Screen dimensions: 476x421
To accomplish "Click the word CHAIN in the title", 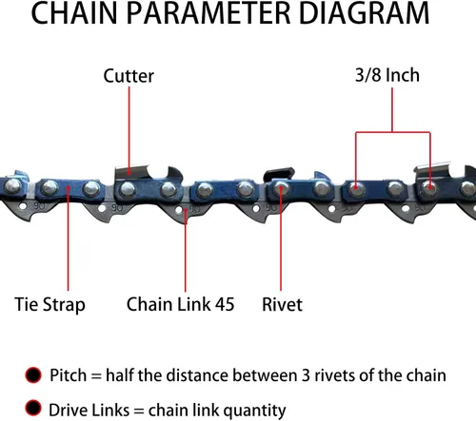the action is (74, 12).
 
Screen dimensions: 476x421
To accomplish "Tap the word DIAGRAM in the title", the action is (364, 12).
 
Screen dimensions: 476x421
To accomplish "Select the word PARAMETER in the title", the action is (208, 12).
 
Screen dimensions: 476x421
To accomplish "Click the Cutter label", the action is (129, 76).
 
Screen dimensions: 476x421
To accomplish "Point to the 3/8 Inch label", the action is (387, 75).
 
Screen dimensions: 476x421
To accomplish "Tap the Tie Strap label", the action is (50, 305).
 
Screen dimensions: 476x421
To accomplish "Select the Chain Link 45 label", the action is (180, 304).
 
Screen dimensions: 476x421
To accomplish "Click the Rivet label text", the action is (282, 304).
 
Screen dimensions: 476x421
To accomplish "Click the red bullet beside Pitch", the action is (33, 375).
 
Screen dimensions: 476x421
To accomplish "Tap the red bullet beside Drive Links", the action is (33, 408).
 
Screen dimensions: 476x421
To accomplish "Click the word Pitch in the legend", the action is (68, 375).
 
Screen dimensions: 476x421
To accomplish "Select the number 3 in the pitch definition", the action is (306, 375).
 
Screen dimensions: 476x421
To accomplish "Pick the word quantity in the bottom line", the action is (256, 411).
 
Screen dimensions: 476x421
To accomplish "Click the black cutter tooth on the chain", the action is (279, 174).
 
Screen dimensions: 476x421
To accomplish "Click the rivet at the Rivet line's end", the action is (281, 189).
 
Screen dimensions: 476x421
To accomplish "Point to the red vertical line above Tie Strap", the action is (68, 239).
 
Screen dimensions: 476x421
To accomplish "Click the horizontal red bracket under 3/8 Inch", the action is (393, 132).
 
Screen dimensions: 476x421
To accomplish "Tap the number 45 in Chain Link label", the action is (225, 304).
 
